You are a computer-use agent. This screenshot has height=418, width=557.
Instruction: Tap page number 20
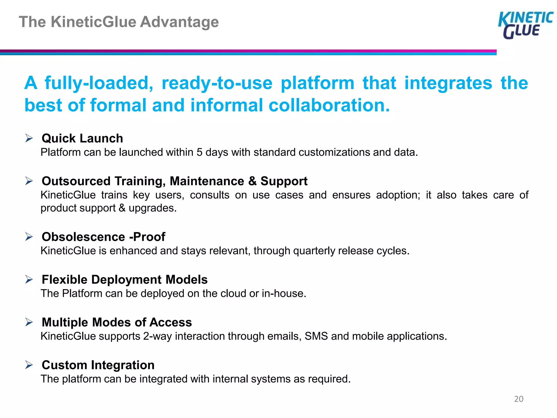coord(519,399)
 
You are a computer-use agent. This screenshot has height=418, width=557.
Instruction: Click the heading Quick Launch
coord(82,138)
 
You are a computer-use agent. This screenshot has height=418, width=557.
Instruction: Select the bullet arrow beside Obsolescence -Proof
coord(29,236)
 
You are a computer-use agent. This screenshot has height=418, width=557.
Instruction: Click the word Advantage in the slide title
coord(179,22)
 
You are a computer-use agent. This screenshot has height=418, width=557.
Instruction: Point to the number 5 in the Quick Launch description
coord(199,152)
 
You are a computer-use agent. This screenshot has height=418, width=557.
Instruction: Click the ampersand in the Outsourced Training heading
coord(252,181)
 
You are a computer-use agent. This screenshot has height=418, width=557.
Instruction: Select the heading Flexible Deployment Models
coord(125,279)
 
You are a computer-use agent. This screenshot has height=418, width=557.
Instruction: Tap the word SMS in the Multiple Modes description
coord(316,336)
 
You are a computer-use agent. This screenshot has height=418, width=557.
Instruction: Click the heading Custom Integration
coord(98,365)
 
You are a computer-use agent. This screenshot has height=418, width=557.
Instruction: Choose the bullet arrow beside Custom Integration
coord(29,365)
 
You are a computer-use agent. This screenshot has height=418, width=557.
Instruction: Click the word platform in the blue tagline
coord(317,83)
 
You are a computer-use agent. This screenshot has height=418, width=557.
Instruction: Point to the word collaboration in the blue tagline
coord(329,105)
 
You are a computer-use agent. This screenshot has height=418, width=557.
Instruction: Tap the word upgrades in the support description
coord(152,208)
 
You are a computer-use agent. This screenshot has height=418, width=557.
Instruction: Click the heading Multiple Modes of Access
coord(117,322)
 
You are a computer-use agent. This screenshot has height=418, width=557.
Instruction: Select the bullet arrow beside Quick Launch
coord(29,138)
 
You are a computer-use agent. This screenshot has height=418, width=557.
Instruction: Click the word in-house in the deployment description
coord(284,294)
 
